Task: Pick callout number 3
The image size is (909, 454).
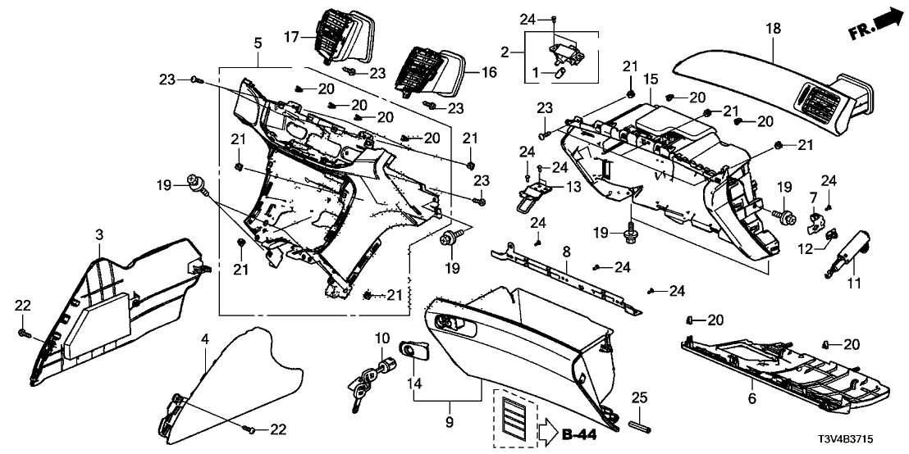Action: click(x=99, y=236)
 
